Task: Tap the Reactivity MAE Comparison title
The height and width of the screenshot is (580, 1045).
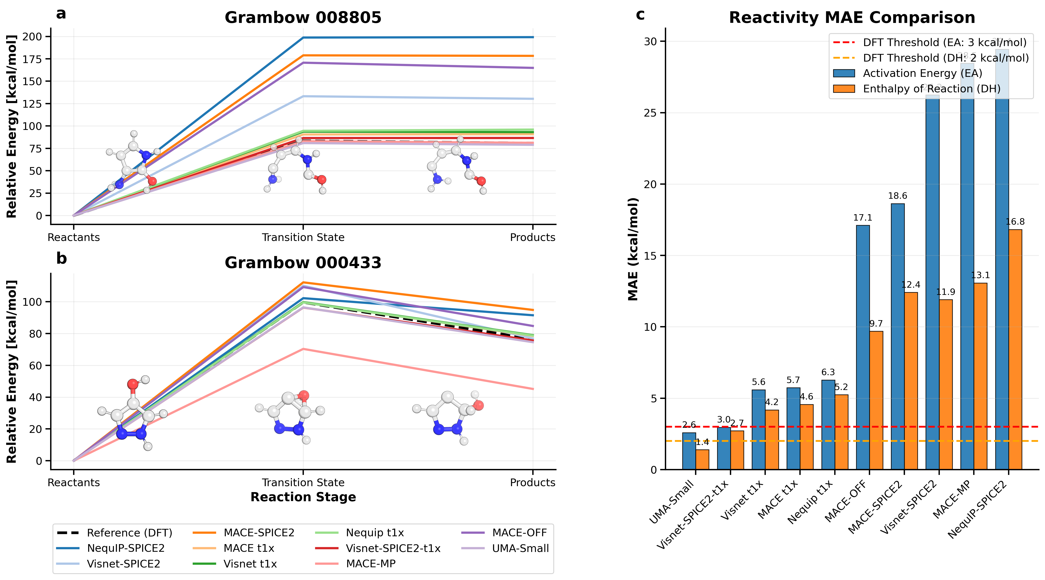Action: click(x=852, y=18)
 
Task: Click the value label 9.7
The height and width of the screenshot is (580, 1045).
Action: click(x=876, y=324)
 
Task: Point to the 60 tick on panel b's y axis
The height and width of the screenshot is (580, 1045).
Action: click(x=38, y=366)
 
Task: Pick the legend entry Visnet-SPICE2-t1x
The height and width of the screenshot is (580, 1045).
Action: click(x=393, y=548)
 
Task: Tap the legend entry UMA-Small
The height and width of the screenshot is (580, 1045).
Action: click(x=520, y=548)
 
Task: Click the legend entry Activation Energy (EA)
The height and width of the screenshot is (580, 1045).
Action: click(x=922, y=73)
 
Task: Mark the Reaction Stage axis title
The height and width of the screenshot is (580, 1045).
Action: click(x=303, y=497)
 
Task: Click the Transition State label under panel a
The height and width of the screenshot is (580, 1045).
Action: click(x=303, y=238)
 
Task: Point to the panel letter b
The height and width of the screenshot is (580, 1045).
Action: click(x=61, y=258)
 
